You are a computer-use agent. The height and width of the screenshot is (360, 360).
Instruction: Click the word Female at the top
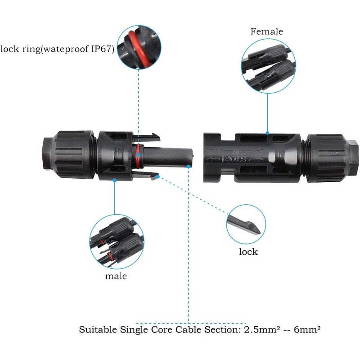click(x=267, y=31)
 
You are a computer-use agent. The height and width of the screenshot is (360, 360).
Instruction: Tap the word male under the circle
click(x=116, y=276)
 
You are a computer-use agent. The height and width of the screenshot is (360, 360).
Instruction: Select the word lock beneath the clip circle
click(x=248, y=251)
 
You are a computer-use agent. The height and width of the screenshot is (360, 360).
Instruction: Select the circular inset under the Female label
click(x=267, y=67)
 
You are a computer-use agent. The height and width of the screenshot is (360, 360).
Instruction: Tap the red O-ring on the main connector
click(x=139, y=155)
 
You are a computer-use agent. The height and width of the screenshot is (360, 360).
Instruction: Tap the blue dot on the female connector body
click(x=267, y=134)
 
